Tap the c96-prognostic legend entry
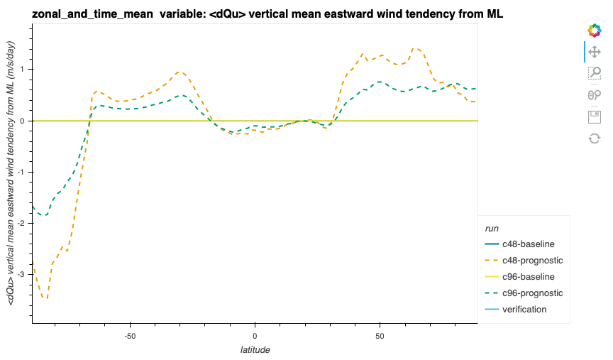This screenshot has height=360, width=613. click(x=532, y=293)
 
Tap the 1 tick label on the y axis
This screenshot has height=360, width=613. click(x=23, y=70)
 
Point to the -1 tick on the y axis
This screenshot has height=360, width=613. click(x=22, y=172)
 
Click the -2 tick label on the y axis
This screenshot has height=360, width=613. click(x=22, y=223)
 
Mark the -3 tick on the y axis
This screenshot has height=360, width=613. click(x=22, y=274)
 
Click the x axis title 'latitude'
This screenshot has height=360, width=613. click(x=255, y=349)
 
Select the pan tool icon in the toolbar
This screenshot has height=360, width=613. click(x=595, y=51)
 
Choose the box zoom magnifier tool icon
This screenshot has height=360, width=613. click(x=595, y=72)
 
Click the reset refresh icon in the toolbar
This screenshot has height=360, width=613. click(x=595, y=138)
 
